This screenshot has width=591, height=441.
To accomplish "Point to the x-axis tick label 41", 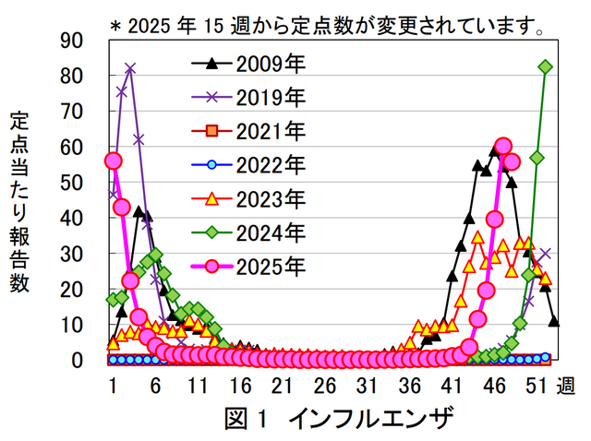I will pyautogui.click(x=452, y=386).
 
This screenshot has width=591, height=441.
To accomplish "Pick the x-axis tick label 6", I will pyautogui.click(x=155, y=386).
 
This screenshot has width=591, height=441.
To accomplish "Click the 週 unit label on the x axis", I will pyautogui.click(x=565, y=386).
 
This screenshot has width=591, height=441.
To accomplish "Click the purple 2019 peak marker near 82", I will pyautogui.click(x=130, y=68).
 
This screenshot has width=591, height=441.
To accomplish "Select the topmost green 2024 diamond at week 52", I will pyautogui.click(x=546, y=66).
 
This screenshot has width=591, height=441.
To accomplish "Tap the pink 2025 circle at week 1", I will pyautogui.click(x=114, y=161).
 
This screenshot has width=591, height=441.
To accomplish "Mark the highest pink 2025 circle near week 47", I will pyautogui.click(x=503, y=146).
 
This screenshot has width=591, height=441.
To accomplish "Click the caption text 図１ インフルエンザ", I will pyautogui.click(x=340, y=418).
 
